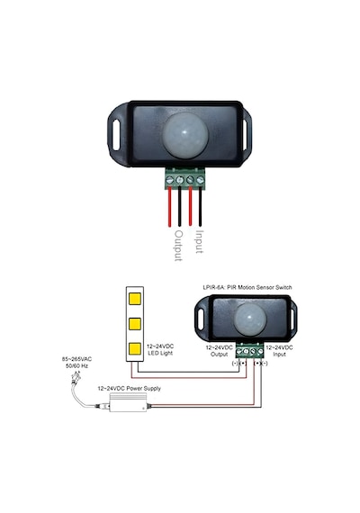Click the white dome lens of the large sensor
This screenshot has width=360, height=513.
185,134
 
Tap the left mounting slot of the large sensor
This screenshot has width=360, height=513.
116,135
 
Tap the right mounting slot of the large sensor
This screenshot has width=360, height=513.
245,135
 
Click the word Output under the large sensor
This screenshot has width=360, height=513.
178,246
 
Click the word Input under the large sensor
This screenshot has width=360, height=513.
199,241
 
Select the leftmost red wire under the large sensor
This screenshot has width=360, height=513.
169,207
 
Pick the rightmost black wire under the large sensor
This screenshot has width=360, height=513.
201,207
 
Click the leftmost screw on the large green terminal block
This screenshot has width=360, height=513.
169,180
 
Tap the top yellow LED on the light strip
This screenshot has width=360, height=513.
135,299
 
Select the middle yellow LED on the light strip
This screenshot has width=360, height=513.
135,324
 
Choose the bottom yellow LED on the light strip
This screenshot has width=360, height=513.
135,349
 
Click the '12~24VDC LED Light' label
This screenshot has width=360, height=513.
160,350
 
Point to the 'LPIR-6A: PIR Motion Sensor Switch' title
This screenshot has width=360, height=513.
247,288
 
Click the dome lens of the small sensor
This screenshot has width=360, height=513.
249,319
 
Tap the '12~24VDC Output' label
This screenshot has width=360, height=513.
219,351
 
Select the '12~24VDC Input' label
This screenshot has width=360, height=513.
279,351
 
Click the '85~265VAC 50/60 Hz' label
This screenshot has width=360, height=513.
76,363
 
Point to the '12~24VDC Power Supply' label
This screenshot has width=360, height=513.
130,389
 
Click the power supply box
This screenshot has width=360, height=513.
128,402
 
